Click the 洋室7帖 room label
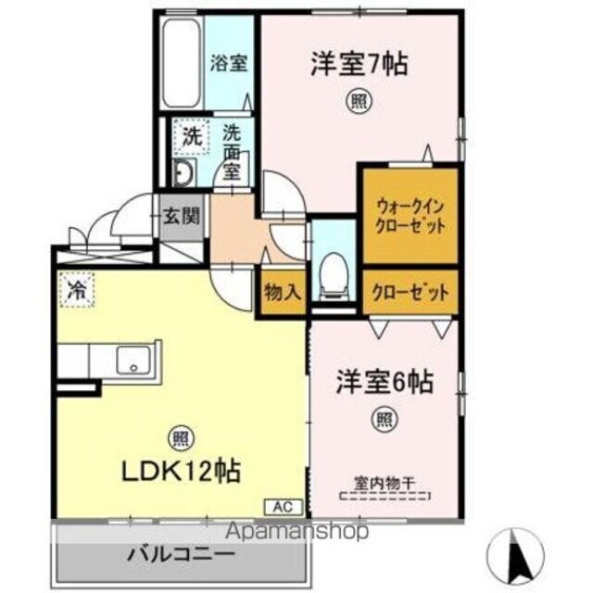[359, 65]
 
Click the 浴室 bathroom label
[229, 64]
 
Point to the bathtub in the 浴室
[182, 64]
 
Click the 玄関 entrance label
[180, 220]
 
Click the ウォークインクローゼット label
[409, 215]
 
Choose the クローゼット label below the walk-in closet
[410, 292]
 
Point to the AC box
[282, 506]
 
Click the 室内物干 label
[384, 483]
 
